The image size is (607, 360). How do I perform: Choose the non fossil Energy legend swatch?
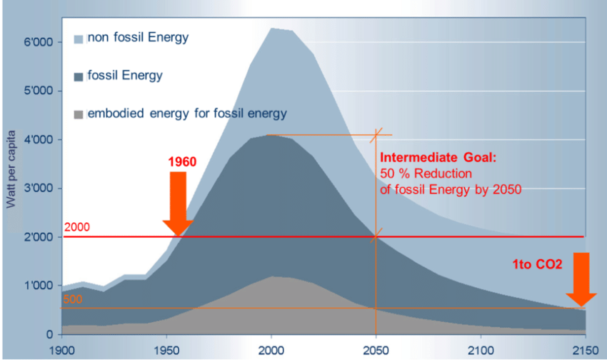coord(79,37)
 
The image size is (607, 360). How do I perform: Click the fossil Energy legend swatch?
coord(79,75)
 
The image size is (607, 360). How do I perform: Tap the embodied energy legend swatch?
coord(79,114)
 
